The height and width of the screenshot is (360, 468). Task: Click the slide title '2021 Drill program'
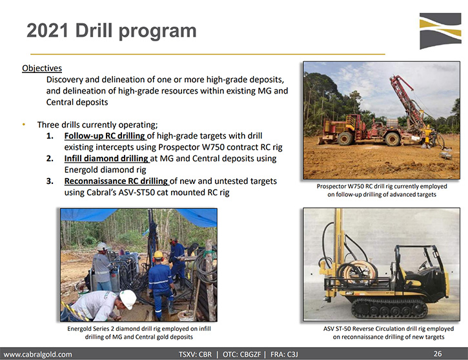point(112,31)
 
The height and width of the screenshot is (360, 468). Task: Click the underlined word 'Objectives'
point(42,68)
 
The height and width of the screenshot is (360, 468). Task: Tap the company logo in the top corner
point(440,31)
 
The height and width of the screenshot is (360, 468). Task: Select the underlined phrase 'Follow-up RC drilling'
point(105,136)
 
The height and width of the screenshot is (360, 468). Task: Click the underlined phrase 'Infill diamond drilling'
point(107,158)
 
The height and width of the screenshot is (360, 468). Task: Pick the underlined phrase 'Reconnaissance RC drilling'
point(116,181)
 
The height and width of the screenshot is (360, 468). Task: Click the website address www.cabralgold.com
point(37,354)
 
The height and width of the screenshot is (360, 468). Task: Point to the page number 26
point(438,354)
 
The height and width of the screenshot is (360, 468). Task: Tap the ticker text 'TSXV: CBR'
point(195,354)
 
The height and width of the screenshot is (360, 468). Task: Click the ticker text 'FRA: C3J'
point(284,354)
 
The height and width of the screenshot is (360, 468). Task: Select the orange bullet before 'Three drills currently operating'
point(24,125)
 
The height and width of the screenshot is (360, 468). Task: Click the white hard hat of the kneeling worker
point(128,299)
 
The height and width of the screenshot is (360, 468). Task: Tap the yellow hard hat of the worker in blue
point(158,255)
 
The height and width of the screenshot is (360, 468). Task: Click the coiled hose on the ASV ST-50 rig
point(358,272)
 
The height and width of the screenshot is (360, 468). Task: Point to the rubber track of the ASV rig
point(390,308)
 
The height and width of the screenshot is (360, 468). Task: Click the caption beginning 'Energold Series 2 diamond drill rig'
point(139,333)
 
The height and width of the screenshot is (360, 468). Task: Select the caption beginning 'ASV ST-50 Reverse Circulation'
point(389,333)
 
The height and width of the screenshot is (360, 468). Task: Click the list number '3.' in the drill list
point(50,181)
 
